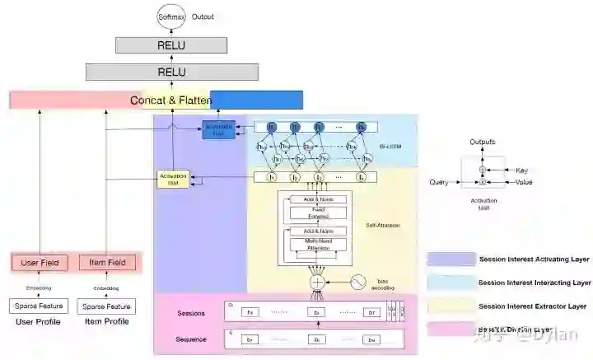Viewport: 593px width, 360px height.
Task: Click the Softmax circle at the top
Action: coord(172,16)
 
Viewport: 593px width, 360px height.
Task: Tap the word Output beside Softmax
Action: coord(203,16)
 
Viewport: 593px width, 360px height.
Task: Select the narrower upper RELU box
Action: coord(172,45)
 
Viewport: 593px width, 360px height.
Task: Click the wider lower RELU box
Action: coord(172,72)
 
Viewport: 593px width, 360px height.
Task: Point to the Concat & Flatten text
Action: coord(171,101)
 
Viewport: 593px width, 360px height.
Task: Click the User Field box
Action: coord(40,263)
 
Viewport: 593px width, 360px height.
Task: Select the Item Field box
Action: coord(107,263)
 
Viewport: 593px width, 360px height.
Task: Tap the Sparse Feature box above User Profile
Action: coord(40,306)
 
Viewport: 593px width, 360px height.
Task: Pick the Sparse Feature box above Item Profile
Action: coord(107,306)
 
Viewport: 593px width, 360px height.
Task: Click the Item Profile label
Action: coord(107,322)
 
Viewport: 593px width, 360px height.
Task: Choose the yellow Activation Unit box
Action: coord(173,178)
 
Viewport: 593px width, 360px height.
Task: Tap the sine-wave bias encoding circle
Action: coord(359,282)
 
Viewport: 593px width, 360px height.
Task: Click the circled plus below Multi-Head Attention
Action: coord(318,282)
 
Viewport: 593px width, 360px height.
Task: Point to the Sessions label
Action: coord(191,313)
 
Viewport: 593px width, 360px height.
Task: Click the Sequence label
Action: coord(191,339)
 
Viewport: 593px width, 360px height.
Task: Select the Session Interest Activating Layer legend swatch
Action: coord(451,259)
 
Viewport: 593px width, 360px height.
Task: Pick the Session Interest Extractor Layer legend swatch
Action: coord(451,306)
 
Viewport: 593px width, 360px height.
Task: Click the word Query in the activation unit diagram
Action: coord(439,182)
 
